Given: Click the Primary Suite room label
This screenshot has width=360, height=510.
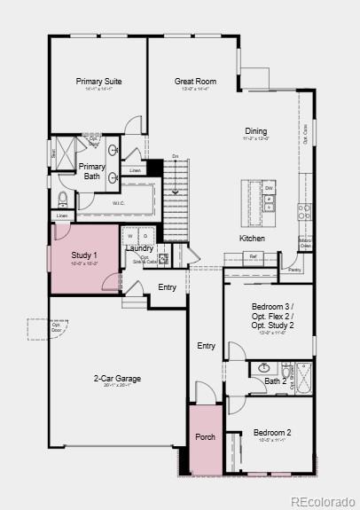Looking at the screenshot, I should [x=98, y=82].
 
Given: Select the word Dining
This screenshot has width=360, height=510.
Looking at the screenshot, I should [x=255, y=131].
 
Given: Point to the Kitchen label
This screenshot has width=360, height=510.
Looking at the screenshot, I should [x=252, y=238].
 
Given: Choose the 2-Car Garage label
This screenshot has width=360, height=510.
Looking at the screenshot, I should [x=117, y=379].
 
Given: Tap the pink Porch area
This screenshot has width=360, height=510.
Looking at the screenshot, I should [x=205, y=437].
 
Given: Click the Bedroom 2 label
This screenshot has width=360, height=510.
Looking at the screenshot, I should [x=272, y=433].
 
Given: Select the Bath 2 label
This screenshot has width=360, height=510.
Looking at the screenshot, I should [x=276, y=381].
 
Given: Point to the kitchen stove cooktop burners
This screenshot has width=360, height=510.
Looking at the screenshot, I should [x=304, y=211].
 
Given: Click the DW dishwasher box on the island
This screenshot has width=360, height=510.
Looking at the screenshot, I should [x=269, y=187].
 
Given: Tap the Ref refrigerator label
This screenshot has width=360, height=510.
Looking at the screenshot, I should [x=253, y=256].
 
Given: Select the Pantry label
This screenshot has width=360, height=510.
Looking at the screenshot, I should [x=294, y=269].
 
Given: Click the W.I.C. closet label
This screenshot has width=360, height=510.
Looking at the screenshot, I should [x=119, y=203].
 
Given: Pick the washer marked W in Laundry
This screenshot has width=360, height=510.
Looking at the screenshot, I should [x=129, y=236].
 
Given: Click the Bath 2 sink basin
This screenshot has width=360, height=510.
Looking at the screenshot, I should [x=263, y=367].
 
